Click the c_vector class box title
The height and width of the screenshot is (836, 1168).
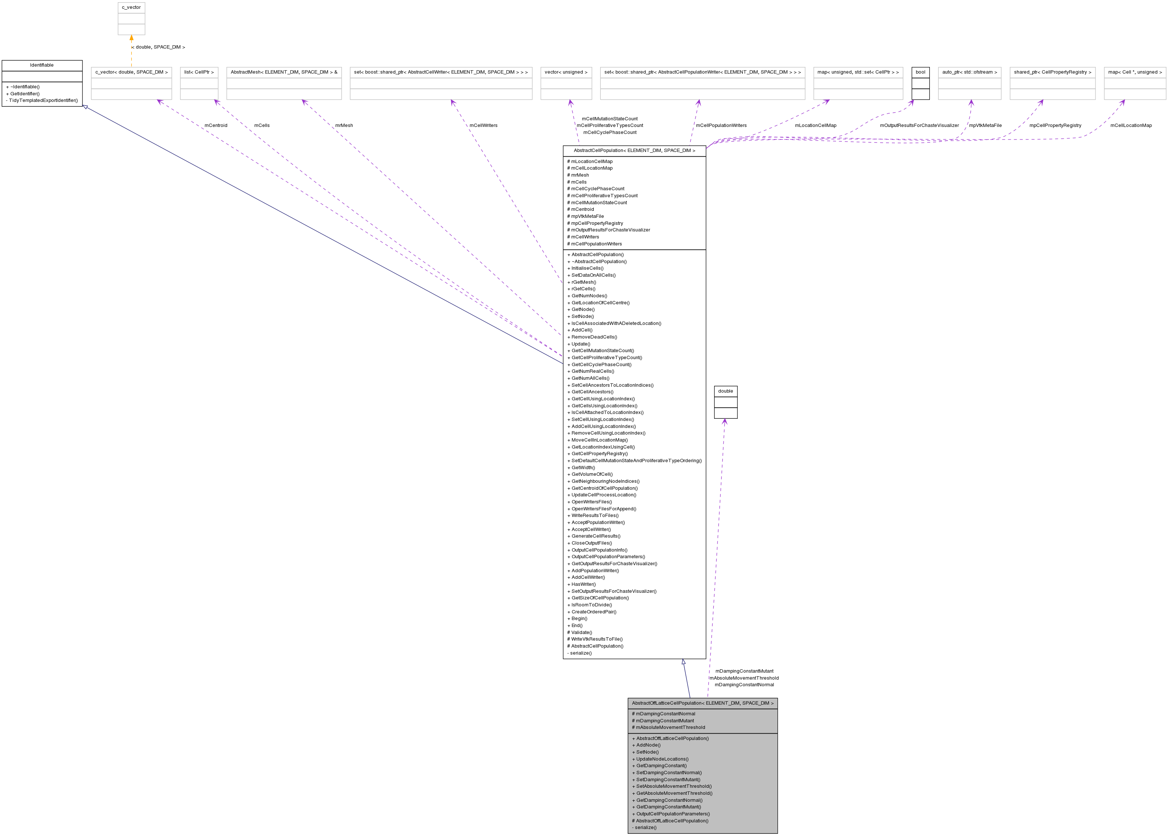(x=131, y=8)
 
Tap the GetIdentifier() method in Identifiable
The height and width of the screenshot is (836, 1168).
(x=25, y=94)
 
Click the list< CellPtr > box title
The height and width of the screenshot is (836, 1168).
(x=199, y=72)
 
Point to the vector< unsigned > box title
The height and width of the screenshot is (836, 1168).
(x=566, y=72)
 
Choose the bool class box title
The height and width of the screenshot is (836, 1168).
(x=920, y=72)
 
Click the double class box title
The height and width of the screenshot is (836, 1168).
(x=725, y=391)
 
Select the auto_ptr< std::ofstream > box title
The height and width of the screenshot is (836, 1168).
(x=969, y=72)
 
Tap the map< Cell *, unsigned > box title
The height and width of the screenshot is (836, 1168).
(x=1135, y=72)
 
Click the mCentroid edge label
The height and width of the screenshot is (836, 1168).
(x=216, y=125)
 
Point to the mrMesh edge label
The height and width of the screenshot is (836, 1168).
(x=344, y=125)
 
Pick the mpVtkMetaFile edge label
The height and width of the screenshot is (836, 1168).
(x=985, y=125)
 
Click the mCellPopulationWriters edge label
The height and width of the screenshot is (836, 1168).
(x=721, y=125)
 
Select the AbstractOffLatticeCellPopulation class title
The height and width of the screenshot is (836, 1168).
(x=702, y=703)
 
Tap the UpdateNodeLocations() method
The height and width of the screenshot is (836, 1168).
(x=662, y=759)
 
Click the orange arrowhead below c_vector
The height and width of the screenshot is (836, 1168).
(x=131, y=38)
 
